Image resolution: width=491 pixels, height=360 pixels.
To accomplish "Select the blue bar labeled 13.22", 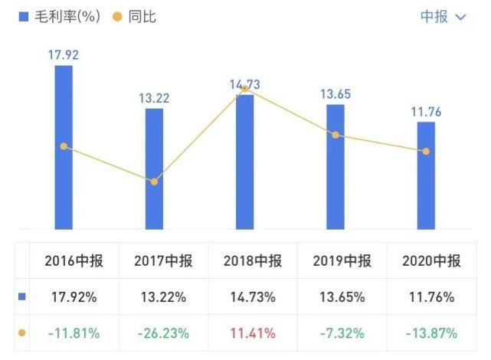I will click(155, 169).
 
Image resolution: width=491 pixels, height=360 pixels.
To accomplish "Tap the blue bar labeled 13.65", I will click(336, 166).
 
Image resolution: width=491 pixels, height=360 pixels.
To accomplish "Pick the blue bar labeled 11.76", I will click(426, 175).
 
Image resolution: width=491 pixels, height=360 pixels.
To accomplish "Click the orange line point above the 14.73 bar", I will click(245, 88).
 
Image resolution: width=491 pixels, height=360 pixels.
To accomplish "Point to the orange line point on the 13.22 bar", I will click(155, 182).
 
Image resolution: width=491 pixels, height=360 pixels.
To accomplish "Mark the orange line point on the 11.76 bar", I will click(426, 151).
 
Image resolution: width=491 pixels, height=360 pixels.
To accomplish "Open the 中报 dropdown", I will click(443, 17).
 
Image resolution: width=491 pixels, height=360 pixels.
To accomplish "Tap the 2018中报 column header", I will click(253, 261).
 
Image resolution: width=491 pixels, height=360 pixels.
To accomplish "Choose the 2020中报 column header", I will click(431, 261).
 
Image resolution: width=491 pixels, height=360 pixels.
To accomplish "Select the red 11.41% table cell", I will click(253, 333).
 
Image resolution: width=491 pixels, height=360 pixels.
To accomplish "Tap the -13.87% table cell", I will click(431, 333).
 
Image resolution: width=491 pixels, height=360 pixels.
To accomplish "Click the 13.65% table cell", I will click(342, 297).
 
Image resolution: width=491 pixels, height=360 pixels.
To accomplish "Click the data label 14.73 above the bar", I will click(245, 86).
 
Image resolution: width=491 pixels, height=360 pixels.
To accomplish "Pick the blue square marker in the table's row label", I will click(22, 297).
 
